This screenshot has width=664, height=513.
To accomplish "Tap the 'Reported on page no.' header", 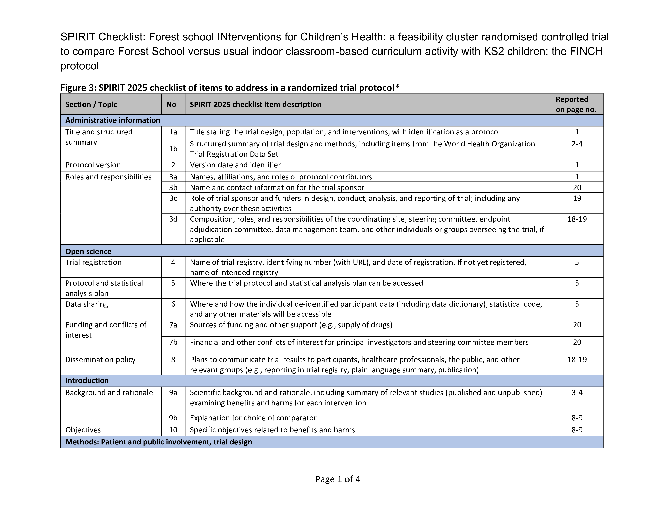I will (x=576, y=104).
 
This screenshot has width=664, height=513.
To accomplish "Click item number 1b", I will (x=173, y=149).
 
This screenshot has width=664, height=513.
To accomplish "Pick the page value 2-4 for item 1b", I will (x=577, y=144).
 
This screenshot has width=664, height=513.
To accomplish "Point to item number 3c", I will (x=173, y=198).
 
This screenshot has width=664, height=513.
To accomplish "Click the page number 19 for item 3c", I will (x=577, y=198).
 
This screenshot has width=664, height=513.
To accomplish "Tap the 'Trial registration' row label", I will (x=93, y=262).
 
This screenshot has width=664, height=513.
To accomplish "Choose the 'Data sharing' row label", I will (x=87, y=304).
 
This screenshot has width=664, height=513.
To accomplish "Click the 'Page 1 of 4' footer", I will (x=337, y=479).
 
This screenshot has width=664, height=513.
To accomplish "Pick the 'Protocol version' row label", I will (x=93, y=165).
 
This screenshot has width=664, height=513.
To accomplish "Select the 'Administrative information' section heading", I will (x=112, y=120).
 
